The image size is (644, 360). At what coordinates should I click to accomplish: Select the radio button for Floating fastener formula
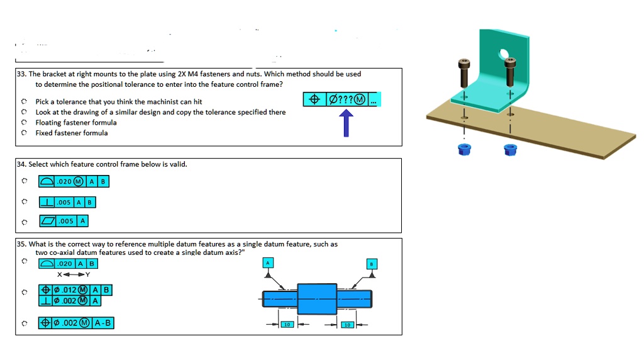pos(24,123)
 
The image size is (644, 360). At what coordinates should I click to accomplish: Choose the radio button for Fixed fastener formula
pos(24,133)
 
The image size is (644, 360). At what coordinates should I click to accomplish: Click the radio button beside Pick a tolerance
pos(24,101)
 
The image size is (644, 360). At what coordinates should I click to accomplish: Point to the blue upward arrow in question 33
pos(346,123)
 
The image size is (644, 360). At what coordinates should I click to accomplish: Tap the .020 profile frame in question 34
pos(74,181)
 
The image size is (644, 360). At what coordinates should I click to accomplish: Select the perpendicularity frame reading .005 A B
pos(67,202)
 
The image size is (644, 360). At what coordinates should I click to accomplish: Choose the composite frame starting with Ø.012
pos(75,295)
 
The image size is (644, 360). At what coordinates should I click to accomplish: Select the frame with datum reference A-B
pos(76,323)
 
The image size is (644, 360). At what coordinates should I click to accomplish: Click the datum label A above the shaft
pos(269,263)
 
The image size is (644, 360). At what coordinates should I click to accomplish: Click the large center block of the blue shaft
pos(317,298)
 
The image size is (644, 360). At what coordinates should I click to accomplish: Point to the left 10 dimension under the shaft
pos(286,325)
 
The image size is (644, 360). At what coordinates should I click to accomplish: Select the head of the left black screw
pos(464,64)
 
